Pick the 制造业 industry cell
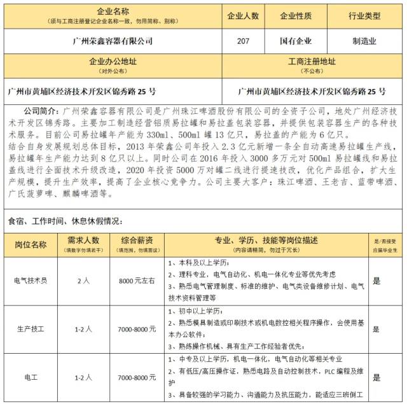tap(364, 42)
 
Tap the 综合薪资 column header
tap(137, 240)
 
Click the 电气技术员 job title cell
tap(30, 280)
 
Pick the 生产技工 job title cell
tap(30, 329)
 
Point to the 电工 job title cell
tap(30, 378)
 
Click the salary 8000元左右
tap(137, 280)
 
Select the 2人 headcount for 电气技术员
tap(83, 280)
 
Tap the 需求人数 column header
tap(83, 240)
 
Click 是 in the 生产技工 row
tap(376, 329)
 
